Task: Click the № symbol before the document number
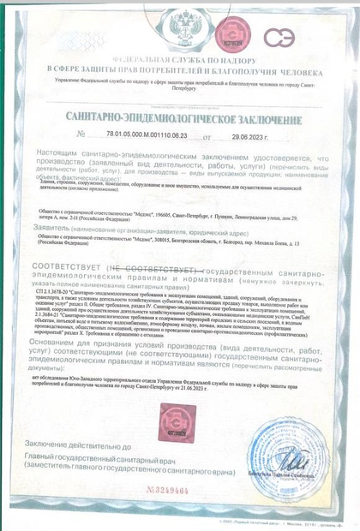82,135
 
